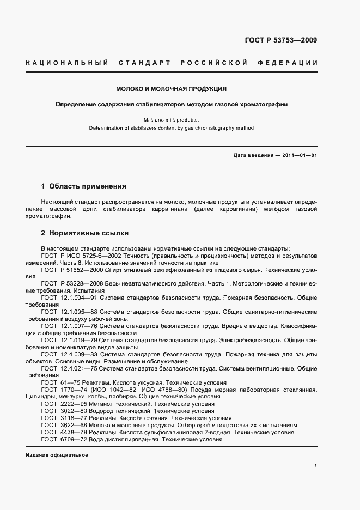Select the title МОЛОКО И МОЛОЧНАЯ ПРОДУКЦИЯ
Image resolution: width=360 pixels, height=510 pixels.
click(171, 89)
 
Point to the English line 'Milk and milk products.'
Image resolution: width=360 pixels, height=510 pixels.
click(171, 119)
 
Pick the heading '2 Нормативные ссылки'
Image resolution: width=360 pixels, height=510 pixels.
click(85, 233)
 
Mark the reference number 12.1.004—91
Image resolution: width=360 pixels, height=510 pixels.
click(77, 298)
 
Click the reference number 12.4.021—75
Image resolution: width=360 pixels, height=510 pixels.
click(77, 369)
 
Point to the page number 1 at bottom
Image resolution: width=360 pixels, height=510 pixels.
click(316, 466)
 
